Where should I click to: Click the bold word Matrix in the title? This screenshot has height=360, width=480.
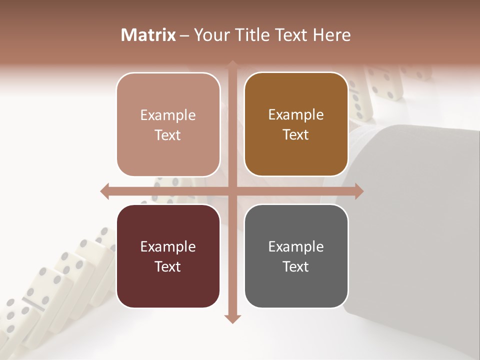pyautogui.click(x=148, y=35)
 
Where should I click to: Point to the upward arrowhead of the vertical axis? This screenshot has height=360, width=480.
pyautogui.click(x=232, y=65)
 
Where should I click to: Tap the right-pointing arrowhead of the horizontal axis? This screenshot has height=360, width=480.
pyautogui.click(x=358, y=191)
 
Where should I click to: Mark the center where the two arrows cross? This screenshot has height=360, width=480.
pyautogui.click(x=232, y=191)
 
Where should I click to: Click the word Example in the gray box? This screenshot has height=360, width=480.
pyautogui.click(x=296, y=246)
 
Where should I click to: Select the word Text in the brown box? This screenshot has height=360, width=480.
pyautogui.click(x=296, y=135)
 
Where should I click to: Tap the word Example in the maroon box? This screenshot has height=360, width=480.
pyautogui.click(x=168, y=246)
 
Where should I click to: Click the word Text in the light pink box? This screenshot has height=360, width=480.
pyautogui.click(x=168, y=135)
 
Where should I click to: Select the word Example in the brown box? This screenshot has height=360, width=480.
pyautogui.click(x=296, y=115)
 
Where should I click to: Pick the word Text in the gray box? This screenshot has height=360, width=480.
pyautogui.click(x=296, y=266)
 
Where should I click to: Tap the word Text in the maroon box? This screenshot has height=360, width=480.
pyautogui.click(x=168, y=266)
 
